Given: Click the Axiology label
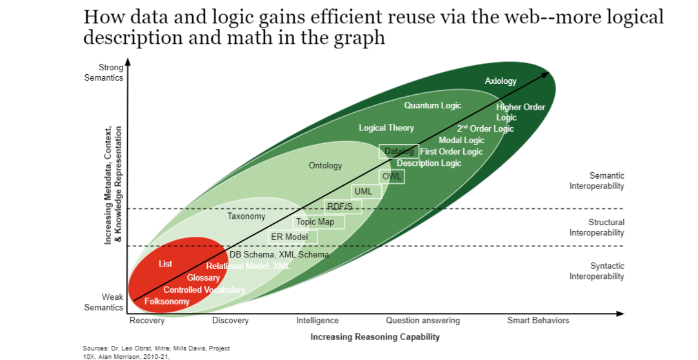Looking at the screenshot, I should [501, 81].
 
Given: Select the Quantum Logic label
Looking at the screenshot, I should [433, 105].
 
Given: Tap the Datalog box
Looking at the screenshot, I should [399, 152].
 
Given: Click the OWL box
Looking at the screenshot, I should [392, 176].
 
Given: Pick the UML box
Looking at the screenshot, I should [367, 192].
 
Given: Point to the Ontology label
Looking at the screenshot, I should [325, 166].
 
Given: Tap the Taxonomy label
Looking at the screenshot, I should [246, 216].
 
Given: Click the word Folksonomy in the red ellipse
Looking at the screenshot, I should [167, 301].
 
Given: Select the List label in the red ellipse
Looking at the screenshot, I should [165, 264].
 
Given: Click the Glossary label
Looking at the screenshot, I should [203, 277].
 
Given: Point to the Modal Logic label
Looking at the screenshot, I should [461, 140].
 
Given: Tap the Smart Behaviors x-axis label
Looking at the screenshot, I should [538, 321].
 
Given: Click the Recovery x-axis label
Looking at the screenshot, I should [147, 321].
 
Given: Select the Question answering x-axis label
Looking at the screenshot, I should [423, 321].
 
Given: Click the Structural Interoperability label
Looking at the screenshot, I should [597, 227].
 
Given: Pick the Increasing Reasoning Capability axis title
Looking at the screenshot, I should [375, 337].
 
